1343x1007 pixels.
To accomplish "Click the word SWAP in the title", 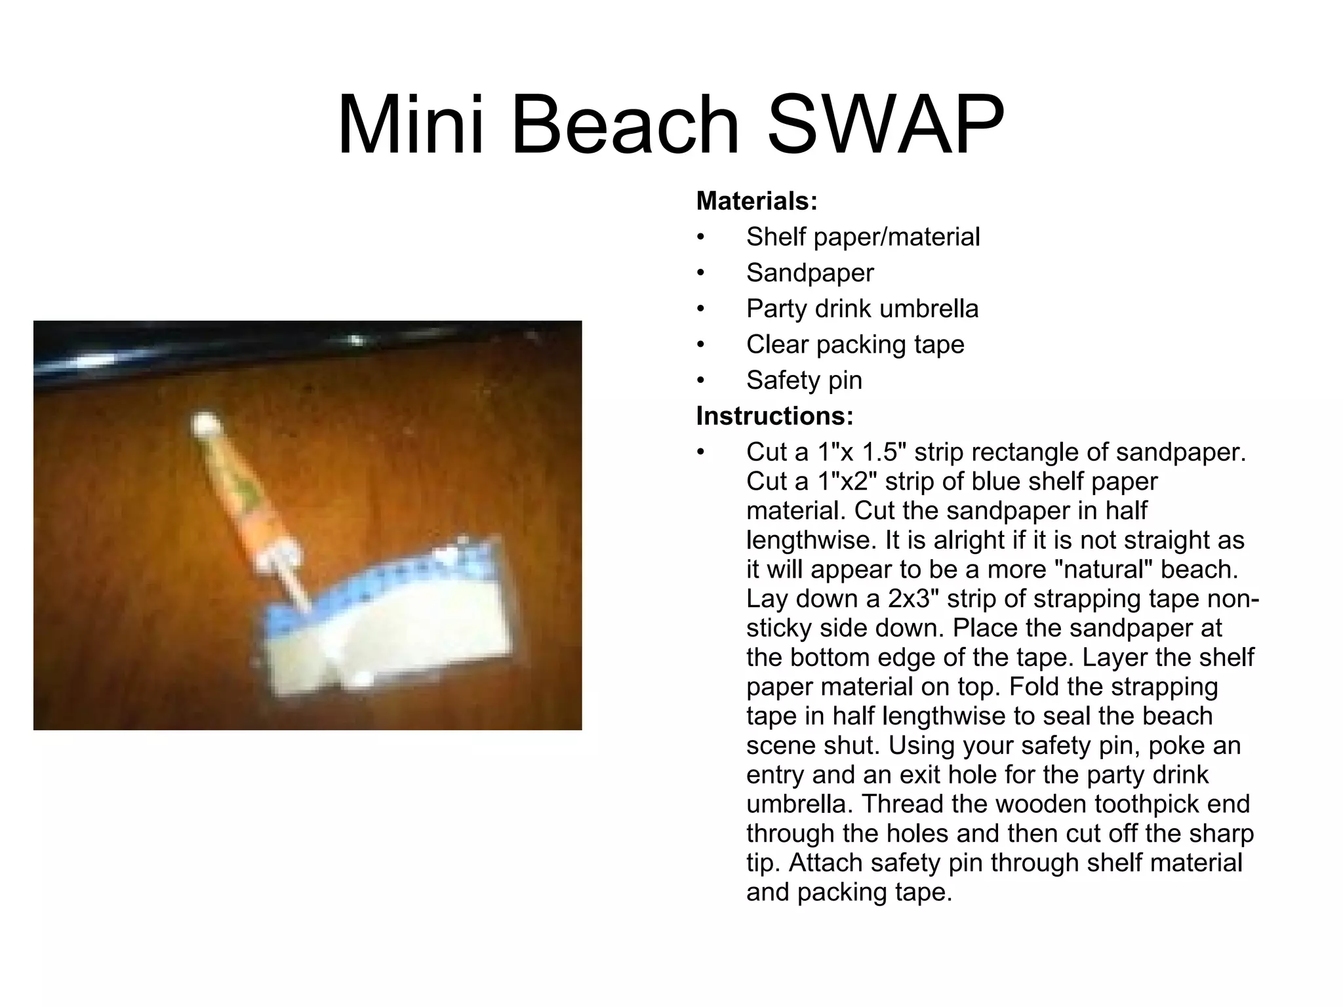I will (x=885, y=125).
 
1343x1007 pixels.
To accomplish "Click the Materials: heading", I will (x=757, y=201).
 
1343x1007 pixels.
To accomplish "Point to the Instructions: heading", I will (x=774, y=416).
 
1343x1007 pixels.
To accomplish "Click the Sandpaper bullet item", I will (x=810, y=273).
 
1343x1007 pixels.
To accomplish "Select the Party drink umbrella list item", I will (x=862, y=309).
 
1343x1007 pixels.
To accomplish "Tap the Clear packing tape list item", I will (x=855, y=345).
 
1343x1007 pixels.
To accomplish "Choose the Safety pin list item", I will (x=804, y=380).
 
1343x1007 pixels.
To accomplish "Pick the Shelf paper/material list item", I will (x=863, y=237).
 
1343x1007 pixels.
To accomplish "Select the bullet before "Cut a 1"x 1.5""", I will (x=700, y=452).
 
